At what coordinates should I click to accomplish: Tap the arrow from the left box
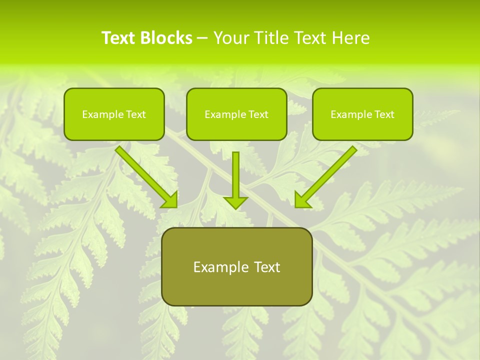[x=145, y=175]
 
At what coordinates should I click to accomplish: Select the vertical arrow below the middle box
[x=235, y=175]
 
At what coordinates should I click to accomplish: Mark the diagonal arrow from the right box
[x=327, y=175]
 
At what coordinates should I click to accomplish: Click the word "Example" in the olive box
[x=217, y=267]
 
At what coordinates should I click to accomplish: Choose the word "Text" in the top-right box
[x=384, y=114]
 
